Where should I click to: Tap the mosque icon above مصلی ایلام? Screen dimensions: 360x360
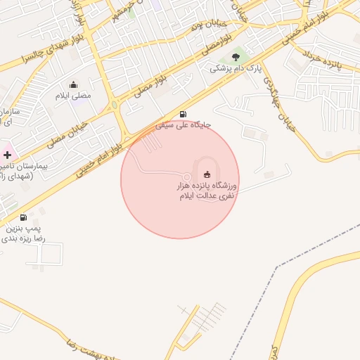(74, 84)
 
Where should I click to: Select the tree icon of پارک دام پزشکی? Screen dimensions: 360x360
(236, 58)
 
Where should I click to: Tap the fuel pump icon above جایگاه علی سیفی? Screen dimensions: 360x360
(184, 114)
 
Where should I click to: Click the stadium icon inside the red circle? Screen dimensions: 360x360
(206, 174)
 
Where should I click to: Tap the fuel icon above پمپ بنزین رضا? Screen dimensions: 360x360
(24, 217)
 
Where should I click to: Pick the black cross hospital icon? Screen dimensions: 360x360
(7, 154)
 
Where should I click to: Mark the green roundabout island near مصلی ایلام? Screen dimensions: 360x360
(114, 105)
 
